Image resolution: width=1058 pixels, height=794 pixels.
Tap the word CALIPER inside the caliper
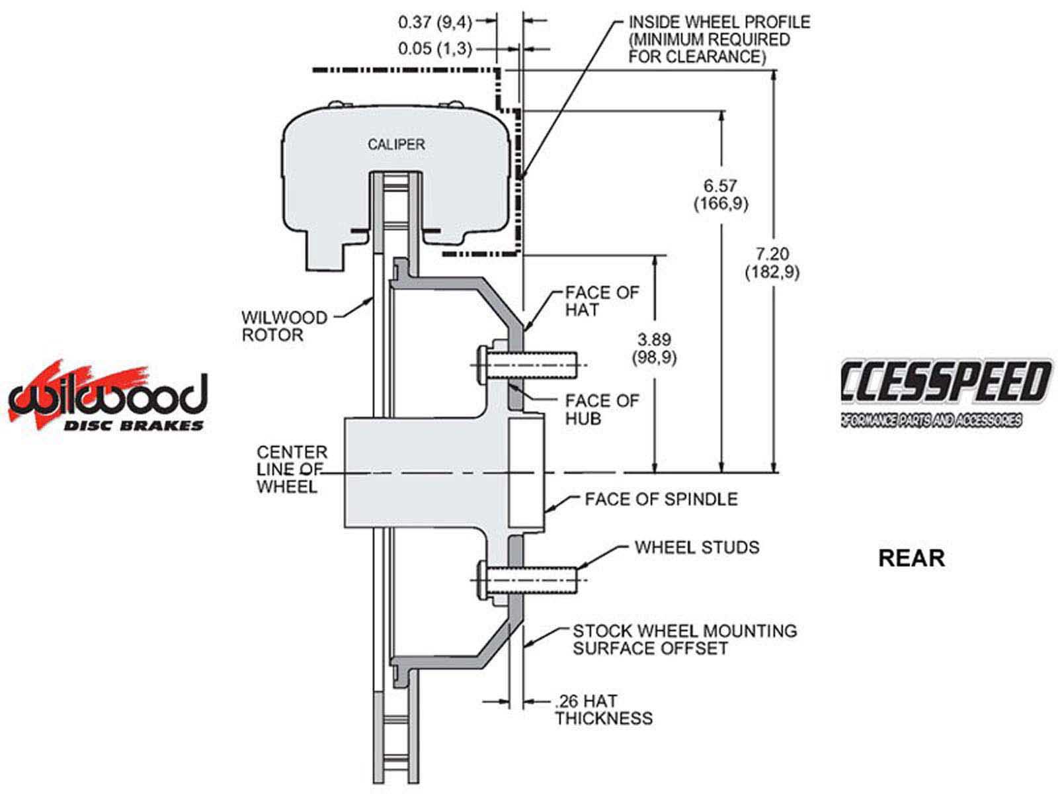(x=396, y=144)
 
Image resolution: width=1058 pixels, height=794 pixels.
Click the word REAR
(x=911, y=558)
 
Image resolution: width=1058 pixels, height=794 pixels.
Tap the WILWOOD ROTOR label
(x=284, y=326)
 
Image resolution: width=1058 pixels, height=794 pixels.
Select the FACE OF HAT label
(x=602, y=301)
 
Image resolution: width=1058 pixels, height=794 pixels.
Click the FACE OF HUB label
(x=602, y=410)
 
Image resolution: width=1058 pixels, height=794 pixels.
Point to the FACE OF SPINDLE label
(x=661, y=499)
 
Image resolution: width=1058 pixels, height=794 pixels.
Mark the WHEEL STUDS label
(x=696, y=547)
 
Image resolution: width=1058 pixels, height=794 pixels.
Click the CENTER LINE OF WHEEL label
(x=292, y=469)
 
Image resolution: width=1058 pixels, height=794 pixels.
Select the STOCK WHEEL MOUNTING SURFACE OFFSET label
(x=684, y=639)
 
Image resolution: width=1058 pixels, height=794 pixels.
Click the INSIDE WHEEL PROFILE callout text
(x=718, y=40)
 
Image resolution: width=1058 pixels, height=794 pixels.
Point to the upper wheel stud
(x=529, y=365)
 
